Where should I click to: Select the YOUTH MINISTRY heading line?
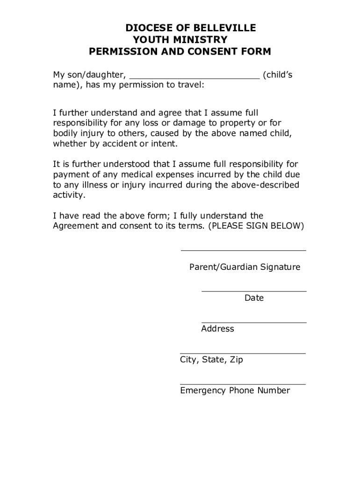tap(180, 40)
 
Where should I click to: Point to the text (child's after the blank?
tap(278, 75)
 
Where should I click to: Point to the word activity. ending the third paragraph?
tap(69, 195)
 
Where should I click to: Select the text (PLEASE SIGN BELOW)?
tap(256, 226)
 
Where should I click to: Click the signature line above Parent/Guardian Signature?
tap(243, 250)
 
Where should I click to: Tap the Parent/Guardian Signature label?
tap(245, 267)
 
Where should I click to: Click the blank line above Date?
tap(254, 291)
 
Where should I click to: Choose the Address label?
tap(217, 329)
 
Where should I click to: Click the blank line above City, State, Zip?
tap(243, 353)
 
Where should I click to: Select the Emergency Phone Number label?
tap(235, 391)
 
